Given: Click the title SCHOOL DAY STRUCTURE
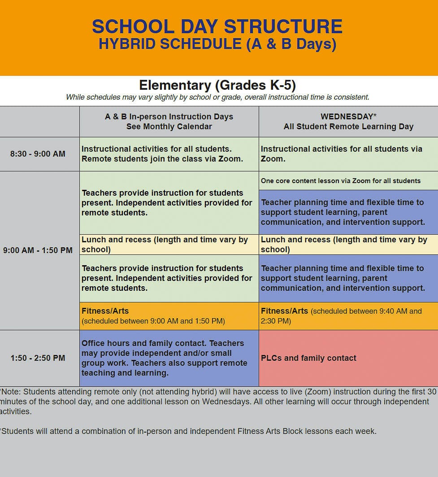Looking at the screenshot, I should point(217,27).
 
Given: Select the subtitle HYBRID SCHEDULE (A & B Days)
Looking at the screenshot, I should point(217,44).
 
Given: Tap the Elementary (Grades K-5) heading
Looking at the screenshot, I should point(217,85).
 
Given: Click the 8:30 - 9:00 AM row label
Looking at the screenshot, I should point(38,154).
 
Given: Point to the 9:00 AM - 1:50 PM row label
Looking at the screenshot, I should point(38,250).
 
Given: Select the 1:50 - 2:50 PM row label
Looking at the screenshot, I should point(38,358).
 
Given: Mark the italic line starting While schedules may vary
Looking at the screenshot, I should point(217,97).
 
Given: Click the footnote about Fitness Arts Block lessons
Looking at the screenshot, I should point(188,432).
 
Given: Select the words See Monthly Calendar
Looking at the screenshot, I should point(169,127).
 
